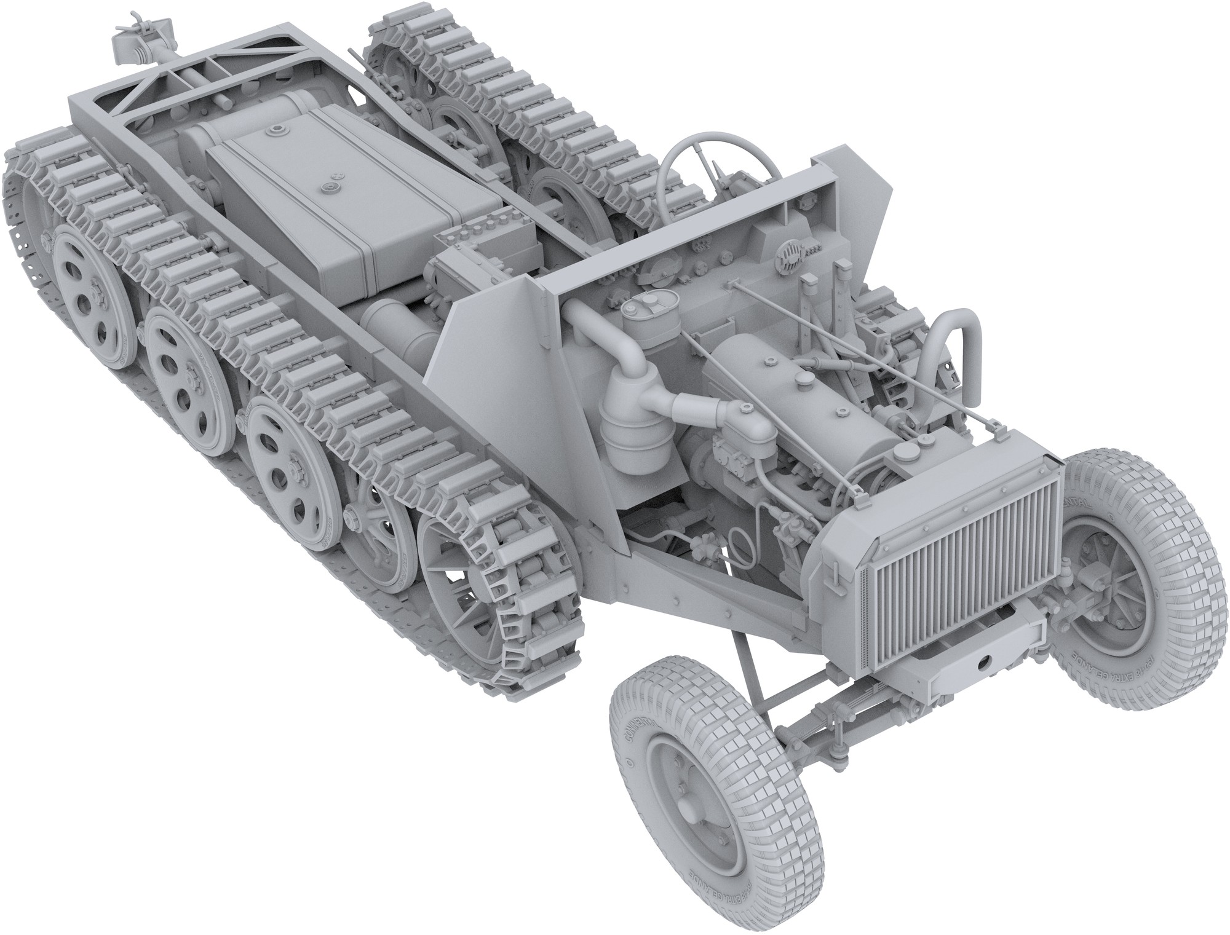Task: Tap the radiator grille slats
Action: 962,553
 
